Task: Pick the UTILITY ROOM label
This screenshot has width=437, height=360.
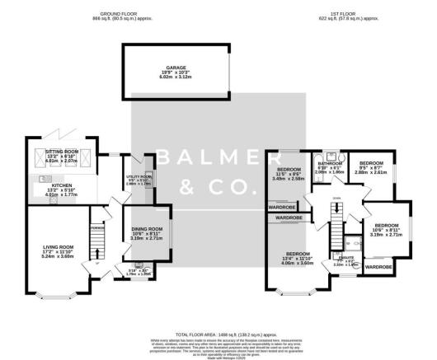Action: tap(139, 177)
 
